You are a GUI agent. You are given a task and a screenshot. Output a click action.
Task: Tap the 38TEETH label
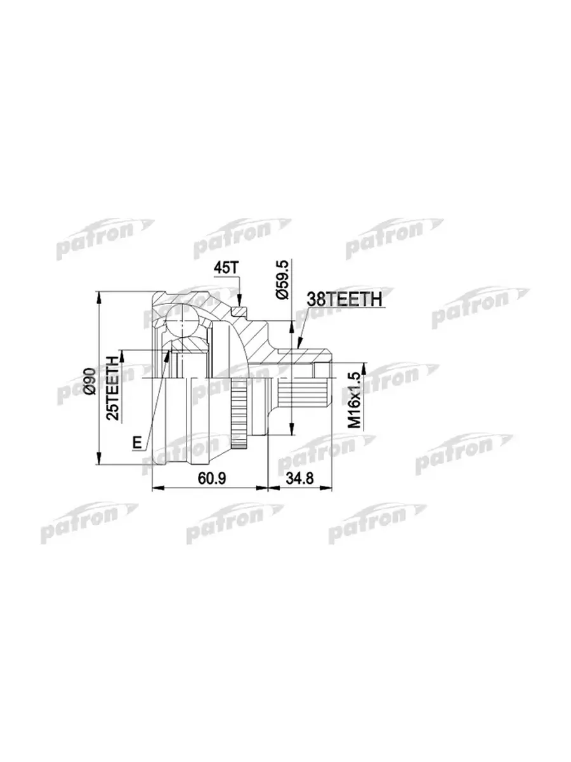tap(345, 299)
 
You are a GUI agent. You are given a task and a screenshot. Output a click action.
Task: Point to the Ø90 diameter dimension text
tap(90, 381)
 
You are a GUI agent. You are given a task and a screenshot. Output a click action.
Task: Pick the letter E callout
tap(138, 443)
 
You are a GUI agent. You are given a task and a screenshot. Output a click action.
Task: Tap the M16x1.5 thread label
tap(354, 400)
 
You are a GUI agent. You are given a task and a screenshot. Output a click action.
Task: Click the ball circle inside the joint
tap(182, 321)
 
